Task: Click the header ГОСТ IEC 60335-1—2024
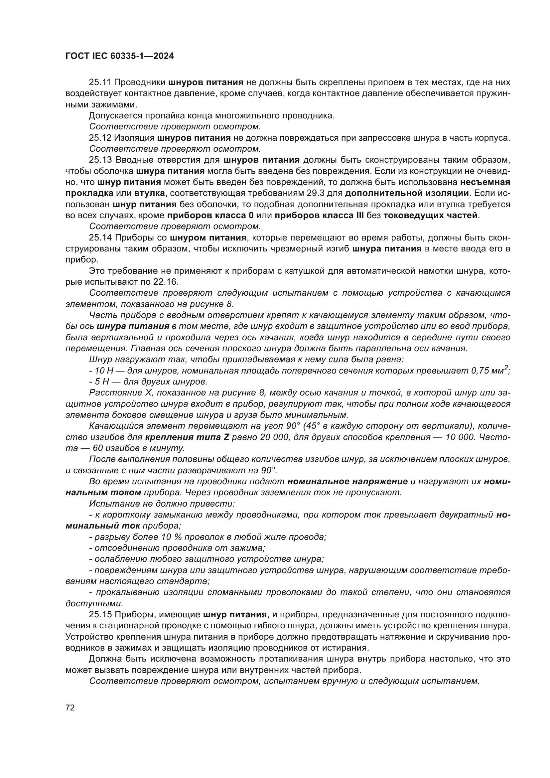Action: tap(119, 56)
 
